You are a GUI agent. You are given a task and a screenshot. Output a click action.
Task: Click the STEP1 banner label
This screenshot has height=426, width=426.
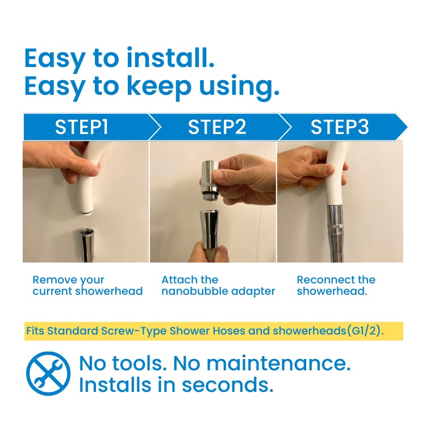click(x=81, y=127)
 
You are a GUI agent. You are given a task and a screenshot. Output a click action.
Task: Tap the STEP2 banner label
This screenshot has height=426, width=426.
click(x=217, y=127)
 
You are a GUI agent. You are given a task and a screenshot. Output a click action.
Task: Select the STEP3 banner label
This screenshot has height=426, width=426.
click(x=340, y=127)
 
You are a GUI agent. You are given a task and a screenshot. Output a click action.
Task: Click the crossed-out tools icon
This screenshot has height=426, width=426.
click(x=48, y=374)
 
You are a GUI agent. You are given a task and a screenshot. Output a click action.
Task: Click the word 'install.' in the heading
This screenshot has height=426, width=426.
click(x=170, y=58)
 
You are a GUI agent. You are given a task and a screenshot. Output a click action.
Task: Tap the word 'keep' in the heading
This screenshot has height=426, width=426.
click(x=159, y=86)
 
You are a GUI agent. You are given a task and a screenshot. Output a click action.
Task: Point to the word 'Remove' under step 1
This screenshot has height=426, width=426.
click(x=51, y=279)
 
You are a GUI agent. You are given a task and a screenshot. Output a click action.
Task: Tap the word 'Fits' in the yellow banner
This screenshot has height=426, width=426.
click(x=35, y=331)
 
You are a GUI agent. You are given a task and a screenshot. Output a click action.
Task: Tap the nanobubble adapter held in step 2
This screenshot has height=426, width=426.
click(x=210, y=180)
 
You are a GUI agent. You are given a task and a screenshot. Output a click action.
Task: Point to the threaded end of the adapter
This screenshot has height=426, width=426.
click(x=210, y=196)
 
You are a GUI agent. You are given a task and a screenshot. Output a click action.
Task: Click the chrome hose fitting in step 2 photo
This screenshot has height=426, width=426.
click(x=210, y=230)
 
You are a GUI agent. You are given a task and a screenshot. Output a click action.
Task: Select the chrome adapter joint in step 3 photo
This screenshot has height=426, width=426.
click(x=337, y=220)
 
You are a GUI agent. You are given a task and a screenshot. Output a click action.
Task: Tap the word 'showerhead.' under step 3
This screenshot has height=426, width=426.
click(x=332, y=291)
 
